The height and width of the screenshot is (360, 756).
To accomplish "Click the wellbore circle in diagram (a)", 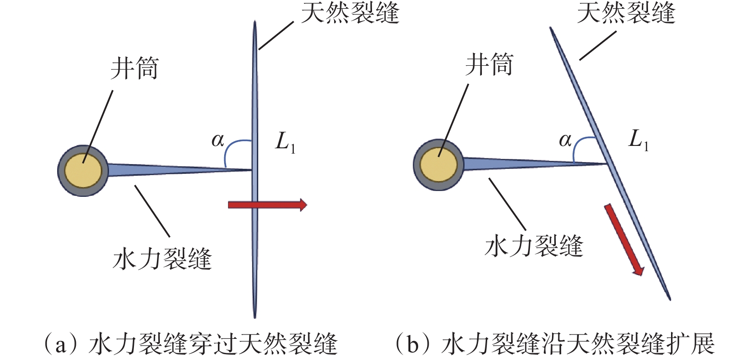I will [83, 170].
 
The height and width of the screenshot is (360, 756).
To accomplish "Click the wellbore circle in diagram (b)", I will [438, 165].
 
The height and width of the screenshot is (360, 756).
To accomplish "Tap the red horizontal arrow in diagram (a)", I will [267, 205].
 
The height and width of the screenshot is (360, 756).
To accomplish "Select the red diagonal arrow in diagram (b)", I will [624, 240].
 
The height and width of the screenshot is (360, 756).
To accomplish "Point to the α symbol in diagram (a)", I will [218, 140].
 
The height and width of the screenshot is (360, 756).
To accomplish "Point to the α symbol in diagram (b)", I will [565, 140].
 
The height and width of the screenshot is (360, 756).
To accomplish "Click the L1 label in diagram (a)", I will [285, 143].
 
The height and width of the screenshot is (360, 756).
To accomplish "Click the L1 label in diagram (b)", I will [638, 140].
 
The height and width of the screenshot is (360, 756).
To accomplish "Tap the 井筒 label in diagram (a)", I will [134, 68].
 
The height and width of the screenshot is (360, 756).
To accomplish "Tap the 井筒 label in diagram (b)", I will [489, 64].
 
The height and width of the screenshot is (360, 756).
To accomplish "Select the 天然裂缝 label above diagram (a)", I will [350, 12].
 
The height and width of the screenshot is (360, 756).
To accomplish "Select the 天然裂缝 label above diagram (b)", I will [626, 12].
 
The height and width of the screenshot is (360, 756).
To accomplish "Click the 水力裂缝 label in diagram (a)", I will [162, 259].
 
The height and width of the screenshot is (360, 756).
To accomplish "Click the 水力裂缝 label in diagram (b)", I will [534, 246].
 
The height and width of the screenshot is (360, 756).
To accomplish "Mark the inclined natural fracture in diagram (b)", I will [590, 110].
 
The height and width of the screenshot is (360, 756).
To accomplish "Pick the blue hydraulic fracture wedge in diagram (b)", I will [509, 164].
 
